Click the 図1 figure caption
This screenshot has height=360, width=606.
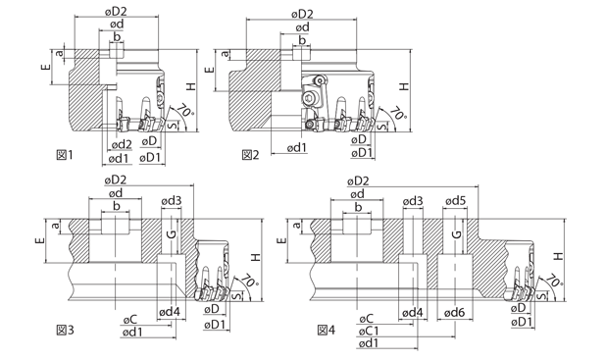64,155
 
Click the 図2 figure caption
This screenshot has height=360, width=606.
250,155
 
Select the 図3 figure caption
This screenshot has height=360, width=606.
65,331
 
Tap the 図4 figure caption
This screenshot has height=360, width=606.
327,331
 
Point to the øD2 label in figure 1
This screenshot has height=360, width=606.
116,12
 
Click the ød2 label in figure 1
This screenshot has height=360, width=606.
122,144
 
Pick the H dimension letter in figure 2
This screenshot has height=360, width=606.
404,86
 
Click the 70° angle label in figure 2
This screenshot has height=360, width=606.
398,113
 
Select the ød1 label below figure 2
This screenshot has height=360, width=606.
297,148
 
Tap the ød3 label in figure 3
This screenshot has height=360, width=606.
172,201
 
